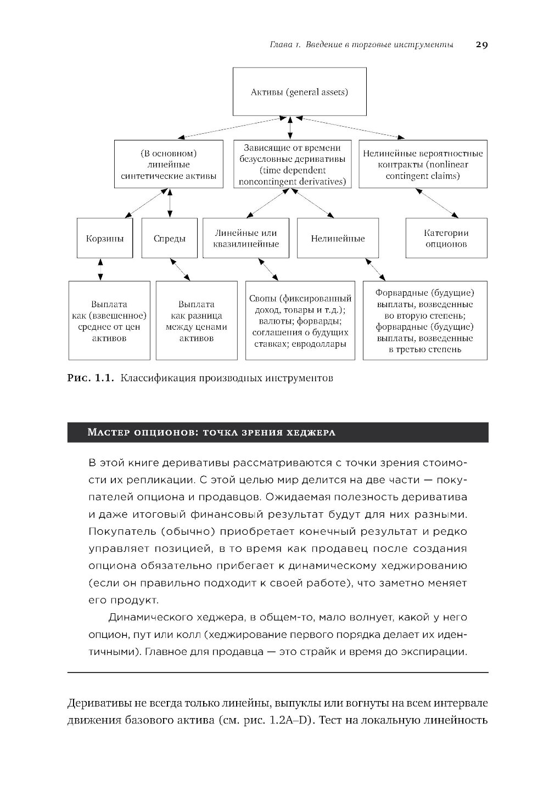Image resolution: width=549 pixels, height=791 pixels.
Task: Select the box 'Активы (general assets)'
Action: pyautogui.click(x=300, y=92)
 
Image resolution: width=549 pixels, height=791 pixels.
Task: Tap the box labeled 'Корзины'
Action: pyautogui.click(x=104, y=239)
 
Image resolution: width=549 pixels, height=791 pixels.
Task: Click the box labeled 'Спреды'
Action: pyautogui.click(x=169, y=239)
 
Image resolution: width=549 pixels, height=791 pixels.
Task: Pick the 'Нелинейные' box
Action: pyautogui.click(x=338, y=239)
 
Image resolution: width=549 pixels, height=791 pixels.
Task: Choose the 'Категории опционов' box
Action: pyautogui.click(x=446, y=239)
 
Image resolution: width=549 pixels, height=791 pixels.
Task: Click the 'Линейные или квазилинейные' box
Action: pyautogui.click(x=246, y=239)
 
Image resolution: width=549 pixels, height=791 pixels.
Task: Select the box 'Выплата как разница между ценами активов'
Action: pyautogui.click(x=197, y=321)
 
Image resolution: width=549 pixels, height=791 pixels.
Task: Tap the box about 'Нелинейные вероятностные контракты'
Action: pyautogui.click(x=423, y=165)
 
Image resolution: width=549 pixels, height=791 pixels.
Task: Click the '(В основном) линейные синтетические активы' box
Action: pyautogui.click(x=169, y=165)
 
